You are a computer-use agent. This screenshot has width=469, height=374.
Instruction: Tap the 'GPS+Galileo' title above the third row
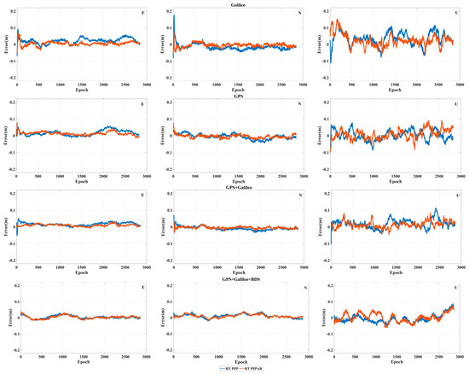pyautogui.click(x=236, y=187)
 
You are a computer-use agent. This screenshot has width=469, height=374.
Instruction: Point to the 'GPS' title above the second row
pyautogui.click(x=236, y=97)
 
